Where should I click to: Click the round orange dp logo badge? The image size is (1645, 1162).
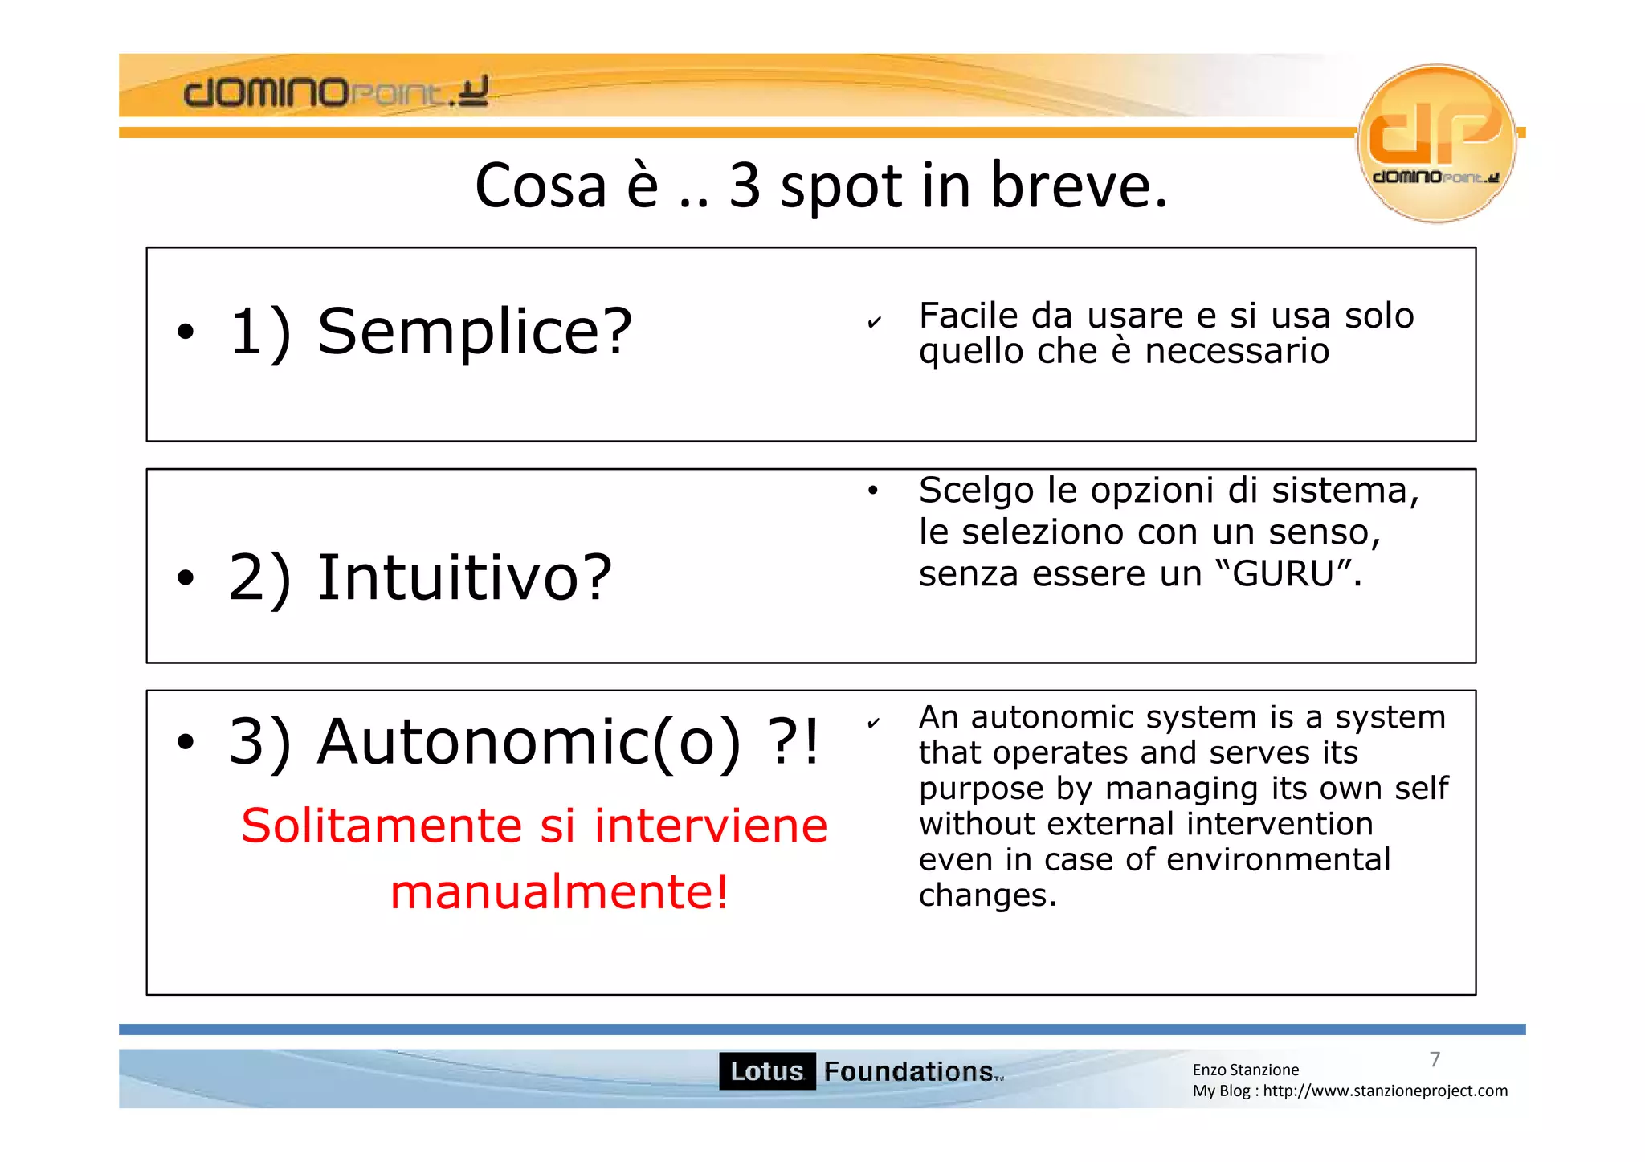click(x=1436, y=142)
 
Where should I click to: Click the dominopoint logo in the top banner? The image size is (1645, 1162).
click(x=336, y=92)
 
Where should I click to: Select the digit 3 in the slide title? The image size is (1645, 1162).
click(x=745, y=186)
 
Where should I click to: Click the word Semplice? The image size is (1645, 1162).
click(x=474, y=332)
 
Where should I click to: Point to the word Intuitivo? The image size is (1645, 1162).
click(x=465, y=577)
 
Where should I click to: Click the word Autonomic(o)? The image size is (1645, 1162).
click(x=529, y=742)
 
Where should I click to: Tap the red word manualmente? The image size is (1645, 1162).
click(x=560, y=892)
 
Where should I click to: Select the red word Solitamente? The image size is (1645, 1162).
click(x=382, y=826)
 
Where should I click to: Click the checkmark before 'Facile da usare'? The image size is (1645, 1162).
click(x=875, y=323)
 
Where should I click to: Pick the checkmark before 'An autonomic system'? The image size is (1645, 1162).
click(x=874, y=723)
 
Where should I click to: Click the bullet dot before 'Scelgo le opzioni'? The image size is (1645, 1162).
click(x=873, y=491)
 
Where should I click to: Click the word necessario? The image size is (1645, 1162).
click(x=1236, y=352)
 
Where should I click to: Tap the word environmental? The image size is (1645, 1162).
click(x=1278, y=860)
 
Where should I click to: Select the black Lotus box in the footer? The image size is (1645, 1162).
click(x=766, y=1071)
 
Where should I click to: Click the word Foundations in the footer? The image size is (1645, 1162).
click(x=908, y=1071)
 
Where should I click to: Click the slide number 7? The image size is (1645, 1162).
click(x=1435, y=1059)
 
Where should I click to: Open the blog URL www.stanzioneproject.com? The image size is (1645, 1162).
click(x=1385, y=1091)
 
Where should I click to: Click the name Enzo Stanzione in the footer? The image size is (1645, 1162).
click(x=1245, y=1070)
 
